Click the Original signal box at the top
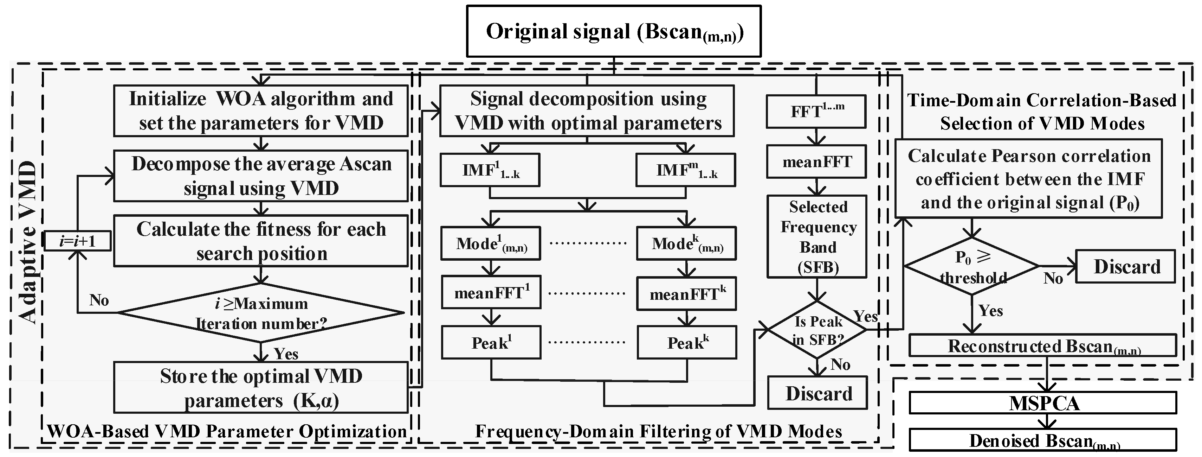pos(614,31)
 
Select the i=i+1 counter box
pos(77,241)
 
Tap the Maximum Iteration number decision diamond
pos(260,313)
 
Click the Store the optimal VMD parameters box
pos(260,387)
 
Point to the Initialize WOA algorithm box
pos(260,111)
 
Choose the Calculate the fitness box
pos(260,241)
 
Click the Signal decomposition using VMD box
pos(587,111)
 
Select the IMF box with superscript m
pos(685,170)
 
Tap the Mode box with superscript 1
pos(490,243)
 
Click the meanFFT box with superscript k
pos(686,294)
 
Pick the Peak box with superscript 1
pos(491,343)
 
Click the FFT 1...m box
pos(816,111)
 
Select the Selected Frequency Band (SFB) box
pos(817,236)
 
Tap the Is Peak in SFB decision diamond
pos(818,330)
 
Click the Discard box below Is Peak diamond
pos(818,393)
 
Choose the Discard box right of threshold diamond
pos(1125,267)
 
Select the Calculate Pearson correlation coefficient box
pos(1028,178)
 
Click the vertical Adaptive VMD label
pos(28,243)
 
